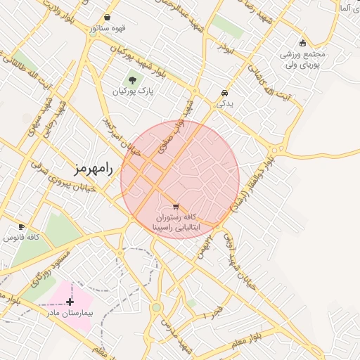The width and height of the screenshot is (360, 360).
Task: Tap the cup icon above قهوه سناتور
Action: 106,18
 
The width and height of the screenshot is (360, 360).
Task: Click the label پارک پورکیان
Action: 131,91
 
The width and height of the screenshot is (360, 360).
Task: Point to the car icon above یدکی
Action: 224,93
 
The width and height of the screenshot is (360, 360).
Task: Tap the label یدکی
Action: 224,103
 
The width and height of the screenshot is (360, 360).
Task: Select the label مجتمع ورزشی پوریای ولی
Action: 303,59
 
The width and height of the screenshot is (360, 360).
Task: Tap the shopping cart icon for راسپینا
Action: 175,207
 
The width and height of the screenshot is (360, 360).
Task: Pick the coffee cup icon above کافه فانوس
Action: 21,227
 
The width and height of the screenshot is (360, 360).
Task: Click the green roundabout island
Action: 156,307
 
